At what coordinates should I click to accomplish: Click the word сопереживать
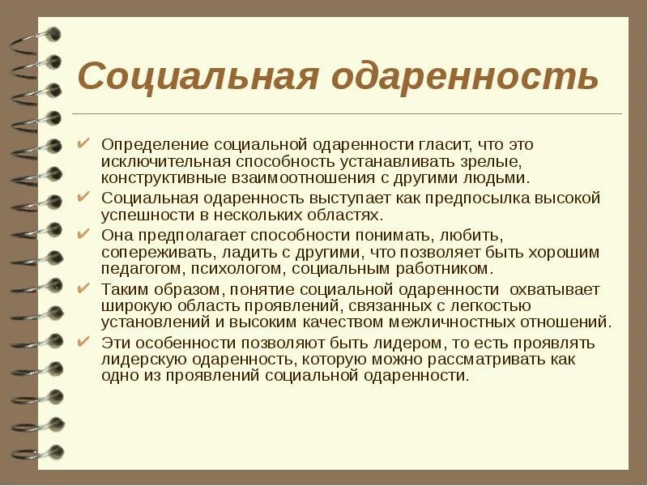tap(151, 252)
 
